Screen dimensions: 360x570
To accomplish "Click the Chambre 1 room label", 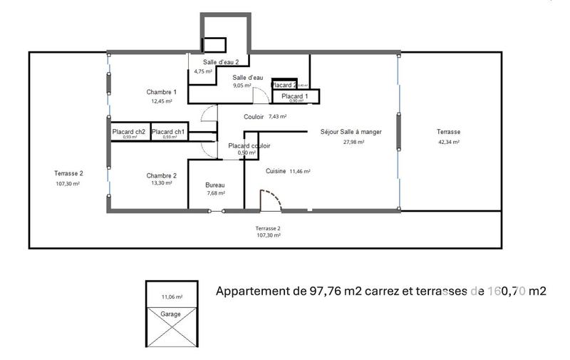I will [162, 92].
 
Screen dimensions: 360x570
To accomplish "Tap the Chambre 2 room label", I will [162, 175].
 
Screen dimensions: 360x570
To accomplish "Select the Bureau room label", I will [215, 184].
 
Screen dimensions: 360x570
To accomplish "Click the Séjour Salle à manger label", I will [351, 132].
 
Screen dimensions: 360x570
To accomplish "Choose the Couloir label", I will [254, 116].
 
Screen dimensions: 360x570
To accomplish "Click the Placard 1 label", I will [294, 96].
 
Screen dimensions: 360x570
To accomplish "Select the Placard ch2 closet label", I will [129, 131].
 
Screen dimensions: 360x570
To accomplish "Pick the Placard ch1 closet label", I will [168, 131].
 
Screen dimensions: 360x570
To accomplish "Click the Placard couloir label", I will [249, 145].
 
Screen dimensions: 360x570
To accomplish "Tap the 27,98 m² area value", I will [353, 142].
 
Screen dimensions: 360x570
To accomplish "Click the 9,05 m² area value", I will [243, 85].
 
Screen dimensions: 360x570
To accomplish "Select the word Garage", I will [170, 314].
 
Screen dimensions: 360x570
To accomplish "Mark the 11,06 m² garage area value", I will [172, 297].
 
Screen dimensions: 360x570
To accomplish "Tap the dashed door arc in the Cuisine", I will [272, 199].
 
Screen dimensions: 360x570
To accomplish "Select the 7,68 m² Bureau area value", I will [215, 192].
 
